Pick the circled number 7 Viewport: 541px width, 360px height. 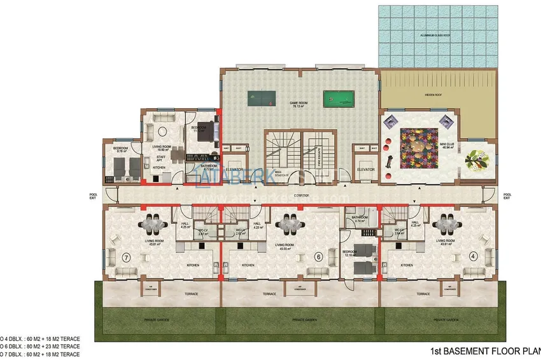click(x=126, y=258)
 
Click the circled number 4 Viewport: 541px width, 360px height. click(x=472, y=258)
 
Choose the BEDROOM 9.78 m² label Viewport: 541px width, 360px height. click(x=121, y=150)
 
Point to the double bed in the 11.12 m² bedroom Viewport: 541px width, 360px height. click(x=209, y=132)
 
